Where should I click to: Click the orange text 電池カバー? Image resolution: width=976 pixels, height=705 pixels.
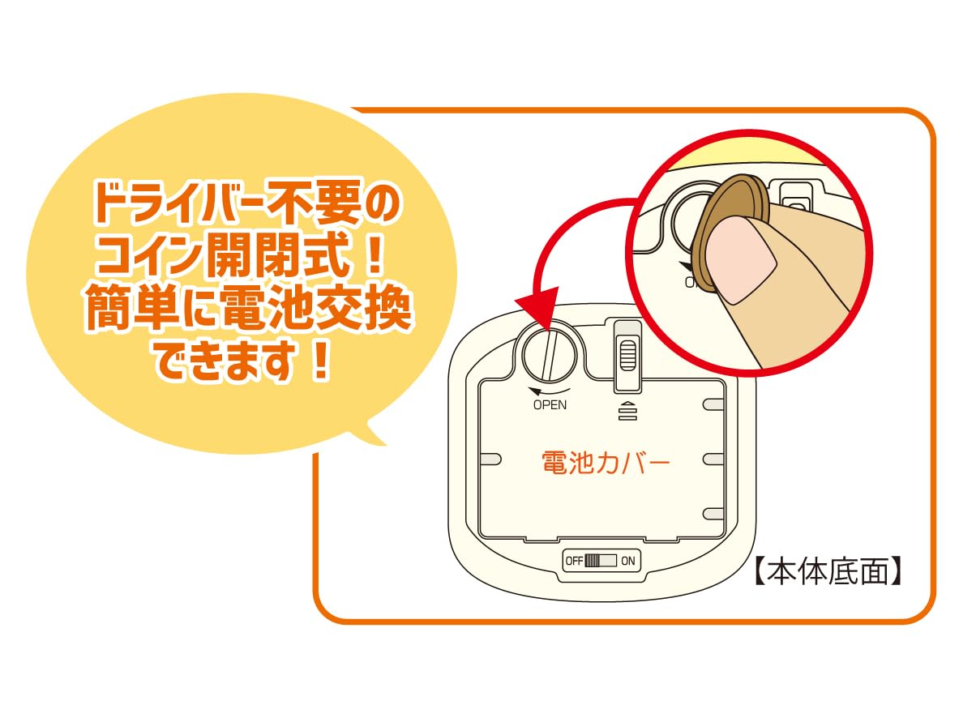[606, 463]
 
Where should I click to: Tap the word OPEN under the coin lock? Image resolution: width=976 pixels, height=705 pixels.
[550, 405]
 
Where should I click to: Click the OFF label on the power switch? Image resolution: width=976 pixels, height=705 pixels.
[574, 561]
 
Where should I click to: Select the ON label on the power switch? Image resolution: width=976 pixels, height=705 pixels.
[628, 561]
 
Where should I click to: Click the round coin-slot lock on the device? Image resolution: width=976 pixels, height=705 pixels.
[550, 355]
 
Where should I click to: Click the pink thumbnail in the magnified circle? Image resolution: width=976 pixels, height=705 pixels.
[740, 260]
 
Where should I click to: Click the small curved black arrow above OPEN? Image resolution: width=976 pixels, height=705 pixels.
[548, 391]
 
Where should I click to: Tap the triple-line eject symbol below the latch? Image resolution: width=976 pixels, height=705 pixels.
[628, 411]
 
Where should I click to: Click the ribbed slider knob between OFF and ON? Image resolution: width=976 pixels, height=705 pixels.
[592, 561]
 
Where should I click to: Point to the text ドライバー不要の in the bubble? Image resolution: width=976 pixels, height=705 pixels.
[246, 202]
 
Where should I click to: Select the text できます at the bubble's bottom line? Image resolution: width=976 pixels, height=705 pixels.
[225, 361]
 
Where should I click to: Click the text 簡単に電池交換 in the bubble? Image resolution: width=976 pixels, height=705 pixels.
[247, 308]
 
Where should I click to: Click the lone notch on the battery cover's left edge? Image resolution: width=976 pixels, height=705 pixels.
[490, 459]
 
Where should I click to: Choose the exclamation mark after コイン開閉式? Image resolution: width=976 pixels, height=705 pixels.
[374, 257]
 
